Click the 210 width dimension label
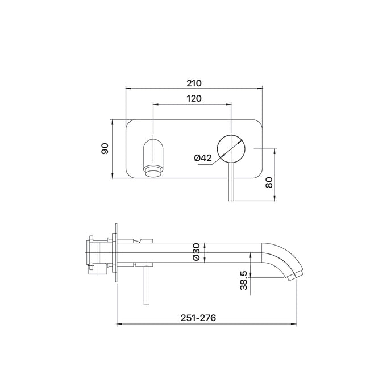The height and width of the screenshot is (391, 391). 194,83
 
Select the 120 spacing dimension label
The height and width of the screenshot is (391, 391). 194,98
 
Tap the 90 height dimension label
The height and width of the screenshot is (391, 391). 105,149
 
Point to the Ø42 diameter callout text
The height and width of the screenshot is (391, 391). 203,157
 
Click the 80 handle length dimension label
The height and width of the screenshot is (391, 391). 269,182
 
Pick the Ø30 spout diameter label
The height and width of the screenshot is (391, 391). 197,252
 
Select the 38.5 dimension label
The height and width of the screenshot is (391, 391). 244,281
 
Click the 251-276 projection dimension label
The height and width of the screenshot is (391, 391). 198,318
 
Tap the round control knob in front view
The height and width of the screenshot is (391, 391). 231,149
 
